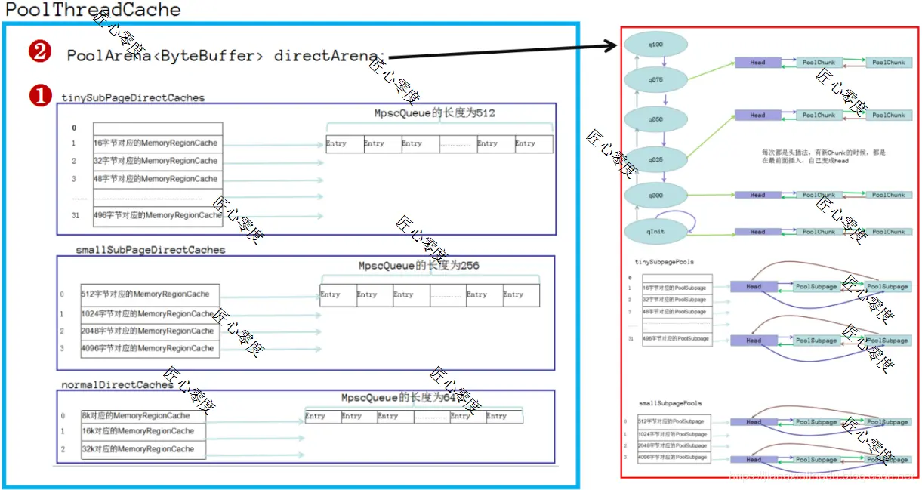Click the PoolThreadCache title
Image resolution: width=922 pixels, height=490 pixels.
tap(94, 10)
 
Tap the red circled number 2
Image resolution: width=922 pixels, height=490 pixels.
tap(39, 52)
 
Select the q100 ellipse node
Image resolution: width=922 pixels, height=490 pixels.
tap(655, 45)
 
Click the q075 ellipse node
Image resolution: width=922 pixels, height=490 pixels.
tap(655, 79)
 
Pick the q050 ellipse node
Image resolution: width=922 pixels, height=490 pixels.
tap(655, 119)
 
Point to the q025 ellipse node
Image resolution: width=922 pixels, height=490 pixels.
tap(655, 159)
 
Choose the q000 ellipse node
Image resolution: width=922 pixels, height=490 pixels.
tap(655, 195)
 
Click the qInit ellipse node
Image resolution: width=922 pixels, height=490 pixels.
tap(655, 231)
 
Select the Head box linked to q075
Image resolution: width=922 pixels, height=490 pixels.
tap(757, 63)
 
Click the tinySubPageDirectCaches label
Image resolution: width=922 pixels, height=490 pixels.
tap(133, 97)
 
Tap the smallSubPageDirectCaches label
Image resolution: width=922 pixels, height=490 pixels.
tap(150, 249)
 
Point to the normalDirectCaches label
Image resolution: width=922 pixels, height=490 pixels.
tap(118, 384)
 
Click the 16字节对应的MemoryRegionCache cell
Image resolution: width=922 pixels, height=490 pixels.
tap(156, 143)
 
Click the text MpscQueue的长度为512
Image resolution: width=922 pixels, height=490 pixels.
tap(435, 113)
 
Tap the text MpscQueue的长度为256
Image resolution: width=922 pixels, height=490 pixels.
tap(419, 266)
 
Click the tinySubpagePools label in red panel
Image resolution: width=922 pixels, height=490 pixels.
tap(665, 262)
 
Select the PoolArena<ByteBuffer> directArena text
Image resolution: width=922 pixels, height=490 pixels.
tap(226, 56)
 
